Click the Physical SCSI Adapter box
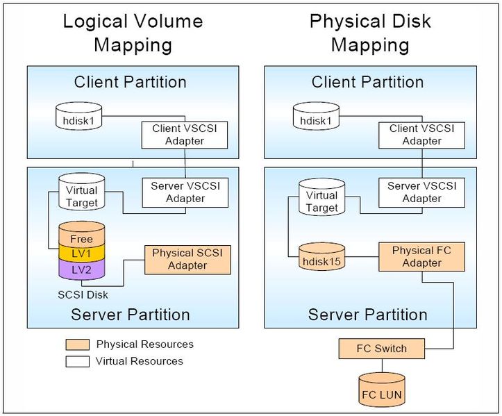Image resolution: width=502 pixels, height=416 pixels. (x=187, y=259)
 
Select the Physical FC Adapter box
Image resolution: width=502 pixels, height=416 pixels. (x=421, y=256)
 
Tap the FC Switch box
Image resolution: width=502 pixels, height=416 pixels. (x=381, y=348)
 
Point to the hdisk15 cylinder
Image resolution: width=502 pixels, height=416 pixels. (x=321, y=258)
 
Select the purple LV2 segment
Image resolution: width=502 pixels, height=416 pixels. (x=81, y=269)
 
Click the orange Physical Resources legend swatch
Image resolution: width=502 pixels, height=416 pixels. (x=76, y=344)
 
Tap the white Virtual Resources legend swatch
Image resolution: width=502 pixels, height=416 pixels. (x=76, y=361)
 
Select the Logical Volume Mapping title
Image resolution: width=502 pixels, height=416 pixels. (x=133, y=33)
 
